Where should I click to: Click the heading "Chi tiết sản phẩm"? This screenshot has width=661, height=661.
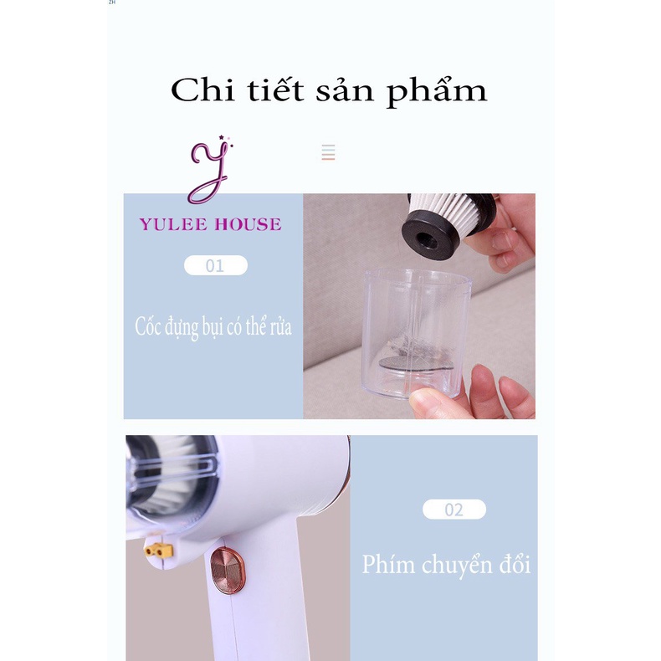pyautogui.click(x=328, y=90)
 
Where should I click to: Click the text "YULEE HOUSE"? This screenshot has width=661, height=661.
pyautogui.click(x=210, y=224)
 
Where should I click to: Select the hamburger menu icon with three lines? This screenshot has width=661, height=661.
pyautogui.click(x=328, y=152)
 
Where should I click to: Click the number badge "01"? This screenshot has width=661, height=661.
pyautogui.click(x=215, y=266)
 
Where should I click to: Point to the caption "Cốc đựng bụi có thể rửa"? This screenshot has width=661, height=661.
pyautogui.click(x=213, y=326)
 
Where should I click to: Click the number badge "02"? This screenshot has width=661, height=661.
pyautogui.click(x=453, y=510)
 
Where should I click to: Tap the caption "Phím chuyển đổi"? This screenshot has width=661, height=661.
pyautogui.click(x=446, y=564)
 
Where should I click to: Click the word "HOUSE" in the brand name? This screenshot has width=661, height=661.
pyautogui.click(x=247, y=224)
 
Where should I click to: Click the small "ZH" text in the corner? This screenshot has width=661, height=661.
pyautogui.click(x=112, y=3)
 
